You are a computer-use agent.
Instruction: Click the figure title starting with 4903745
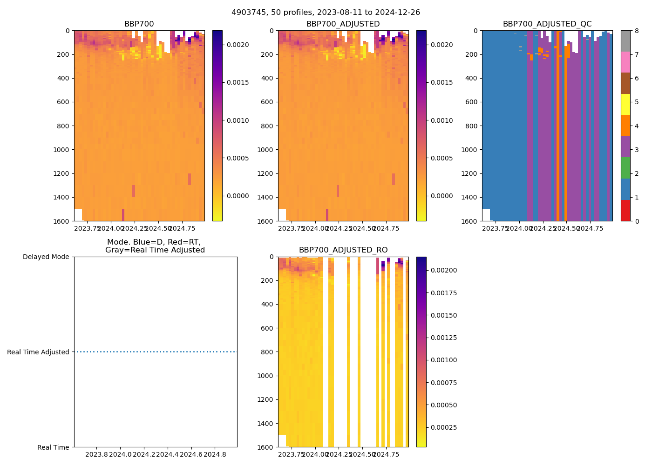[326, 13]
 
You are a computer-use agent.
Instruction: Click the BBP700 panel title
[139, 24]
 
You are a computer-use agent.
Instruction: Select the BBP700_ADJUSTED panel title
[343, 24]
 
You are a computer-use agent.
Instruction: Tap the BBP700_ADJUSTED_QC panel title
[547, 24]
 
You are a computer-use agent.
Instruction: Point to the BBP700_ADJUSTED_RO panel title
[343, 250]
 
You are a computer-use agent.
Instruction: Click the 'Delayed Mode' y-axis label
[46, 257]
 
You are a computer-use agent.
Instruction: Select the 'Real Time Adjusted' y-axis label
[38, 352]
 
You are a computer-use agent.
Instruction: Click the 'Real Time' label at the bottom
[53, 447]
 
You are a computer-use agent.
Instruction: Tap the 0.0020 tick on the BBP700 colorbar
[238, 45]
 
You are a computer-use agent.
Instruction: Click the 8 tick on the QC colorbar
[636, 31]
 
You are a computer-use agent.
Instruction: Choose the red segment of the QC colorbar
[625, 210]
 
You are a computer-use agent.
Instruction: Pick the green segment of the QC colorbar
[625, 168]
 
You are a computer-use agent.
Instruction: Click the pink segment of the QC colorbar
[625, 62]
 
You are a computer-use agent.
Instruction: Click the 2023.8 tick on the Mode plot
[97, 454]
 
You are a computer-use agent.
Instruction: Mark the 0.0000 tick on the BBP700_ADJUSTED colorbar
[441, 196]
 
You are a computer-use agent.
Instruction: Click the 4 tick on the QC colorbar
[636, 126]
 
